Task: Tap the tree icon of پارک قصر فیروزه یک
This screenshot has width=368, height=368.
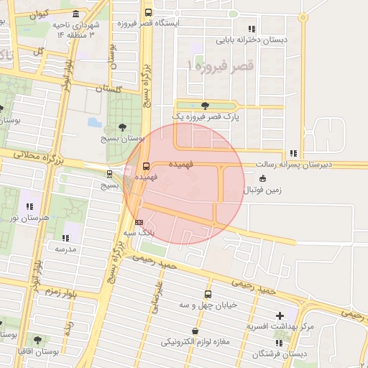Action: tap(206, 105)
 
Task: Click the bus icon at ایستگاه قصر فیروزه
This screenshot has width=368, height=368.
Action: tap(148, 12)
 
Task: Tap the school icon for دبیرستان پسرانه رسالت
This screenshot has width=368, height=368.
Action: tap(293, 153)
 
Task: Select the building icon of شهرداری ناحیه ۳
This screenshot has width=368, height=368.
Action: tap(76, 14)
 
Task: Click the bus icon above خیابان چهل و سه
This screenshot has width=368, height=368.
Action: tap(208, 294)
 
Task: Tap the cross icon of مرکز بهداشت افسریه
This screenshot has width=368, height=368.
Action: tap(280, 316)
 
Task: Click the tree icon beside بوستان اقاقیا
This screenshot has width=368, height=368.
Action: tap(37, 339)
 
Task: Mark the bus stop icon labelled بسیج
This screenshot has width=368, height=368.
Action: tap(109, 173)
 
